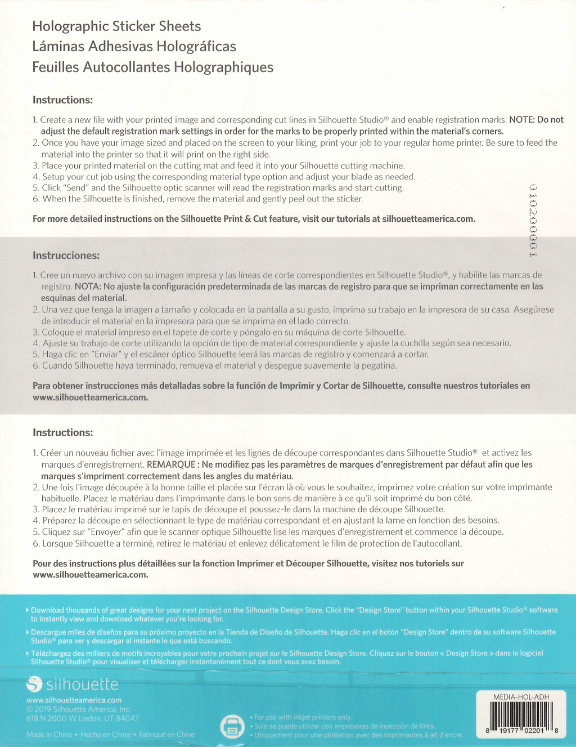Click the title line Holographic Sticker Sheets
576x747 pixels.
coord(116,26)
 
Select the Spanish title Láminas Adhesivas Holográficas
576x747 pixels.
coord(134,47)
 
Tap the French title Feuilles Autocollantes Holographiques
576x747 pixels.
coord(152,68)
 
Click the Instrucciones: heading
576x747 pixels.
coord(66,256)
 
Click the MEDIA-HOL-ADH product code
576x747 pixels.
coord(521,697)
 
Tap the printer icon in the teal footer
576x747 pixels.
coord(232,726)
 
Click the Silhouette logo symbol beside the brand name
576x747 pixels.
coord(34,685)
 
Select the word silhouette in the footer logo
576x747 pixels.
coord(82,685)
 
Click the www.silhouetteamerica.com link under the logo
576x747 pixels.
coord(74,700)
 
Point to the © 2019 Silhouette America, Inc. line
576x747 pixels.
coord(78,709)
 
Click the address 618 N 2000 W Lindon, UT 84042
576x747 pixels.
coord(82,718)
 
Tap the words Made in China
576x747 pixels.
coord(49,735)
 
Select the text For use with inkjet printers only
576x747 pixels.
coord(303,717)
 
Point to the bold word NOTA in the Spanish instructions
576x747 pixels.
coord(87,287)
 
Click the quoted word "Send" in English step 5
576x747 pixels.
coord(76,188)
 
